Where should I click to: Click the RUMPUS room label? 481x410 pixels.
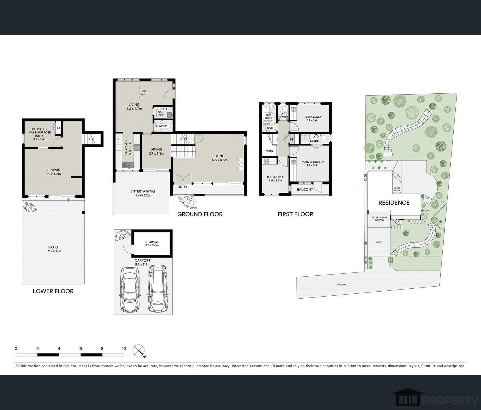click(53, 170)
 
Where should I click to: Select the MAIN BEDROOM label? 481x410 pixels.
click(313, 162)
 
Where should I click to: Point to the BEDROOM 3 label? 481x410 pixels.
click(313, 117)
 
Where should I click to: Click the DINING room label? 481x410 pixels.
click(157, 150)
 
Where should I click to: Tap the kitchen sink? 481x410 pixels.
click(129, 166)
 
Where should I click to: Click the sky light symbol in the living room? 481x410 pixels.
click(144, 92)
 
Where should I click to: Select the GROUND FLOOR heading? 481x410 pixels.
click(200, 214)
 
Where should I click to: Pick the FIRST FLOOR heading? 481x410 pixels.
click(295, 214)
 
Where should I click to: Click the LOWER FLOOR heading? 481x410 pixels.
click(53, 291)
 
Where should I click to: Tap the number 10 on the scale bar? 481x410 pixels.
click(124, 348)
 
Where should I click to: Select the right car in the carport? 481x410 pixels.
click(158, 289)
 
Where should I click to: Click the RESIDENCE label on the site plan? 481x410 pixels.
click(394, 203)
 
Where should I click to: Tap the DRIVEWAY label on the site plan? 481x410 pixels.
click(342, 285)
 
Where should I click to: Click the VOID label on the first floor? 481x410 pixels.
click(269, 151)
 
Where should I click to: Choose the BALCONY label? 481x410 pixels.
click(305, 189)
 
